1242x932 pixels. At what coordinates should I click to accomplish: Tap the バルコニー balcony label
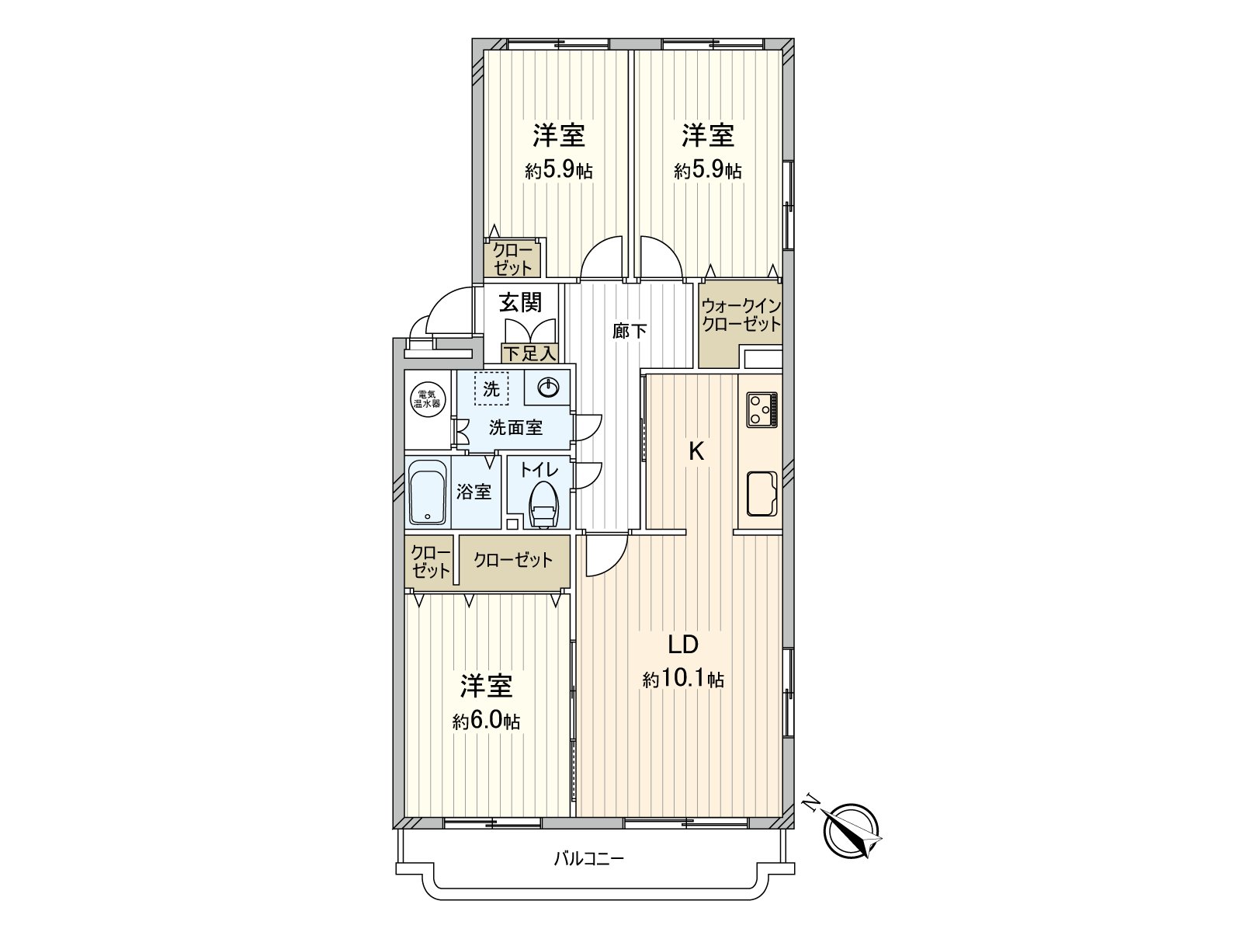tap(588, 859)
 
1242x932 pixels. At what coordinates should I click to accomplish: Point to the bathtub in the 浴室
tap(427, 492)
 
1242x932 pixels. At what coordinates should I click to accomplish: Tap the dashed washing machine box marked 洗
tap(491, 389)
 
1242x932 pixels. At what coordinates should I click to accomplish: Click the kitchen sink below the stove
tap(762, 493)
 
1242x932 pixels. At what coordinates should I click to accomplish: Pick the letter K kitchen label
tap(696, 451)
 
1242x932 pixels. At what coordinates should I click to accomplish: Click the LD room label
tap(684, 644)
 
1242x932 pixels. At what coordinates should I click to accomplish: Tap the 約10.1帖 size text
tap(683, 680)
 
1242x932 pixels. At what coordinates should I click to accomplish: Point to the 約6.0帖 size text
tap(486, 722)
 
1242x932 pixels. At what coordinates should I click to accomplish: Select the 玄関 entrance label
tap(520, 302)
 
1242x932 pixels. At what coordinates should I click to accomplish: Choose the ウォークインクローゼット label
tap(741, 315)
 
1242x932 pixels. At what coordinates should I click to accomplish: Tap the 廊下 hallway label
tap(629, 331)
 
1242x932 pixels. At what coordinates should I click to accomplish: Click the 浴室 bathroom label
tap(474, 492)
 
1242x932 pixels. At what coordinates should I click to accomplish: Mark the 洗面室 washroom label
tap(515, 426)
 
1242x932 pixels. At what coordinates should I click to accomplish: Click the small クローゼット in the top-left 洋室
tap(513, 259)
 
